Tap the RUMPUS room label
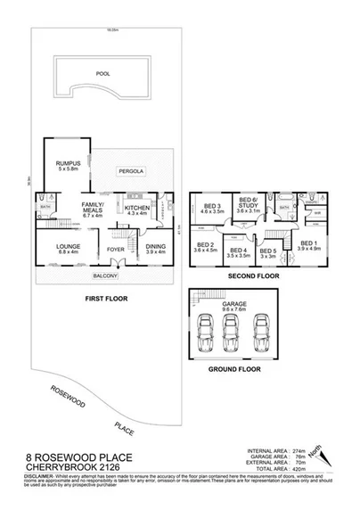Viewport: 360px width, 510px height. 69,164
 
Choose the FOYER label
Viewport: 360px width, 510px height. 116,249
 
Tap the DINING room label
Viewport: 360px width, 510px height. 155,249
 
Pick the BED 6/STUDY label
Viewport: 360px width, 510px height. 248,204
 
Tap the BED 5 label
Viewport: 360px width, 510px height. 267,251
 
